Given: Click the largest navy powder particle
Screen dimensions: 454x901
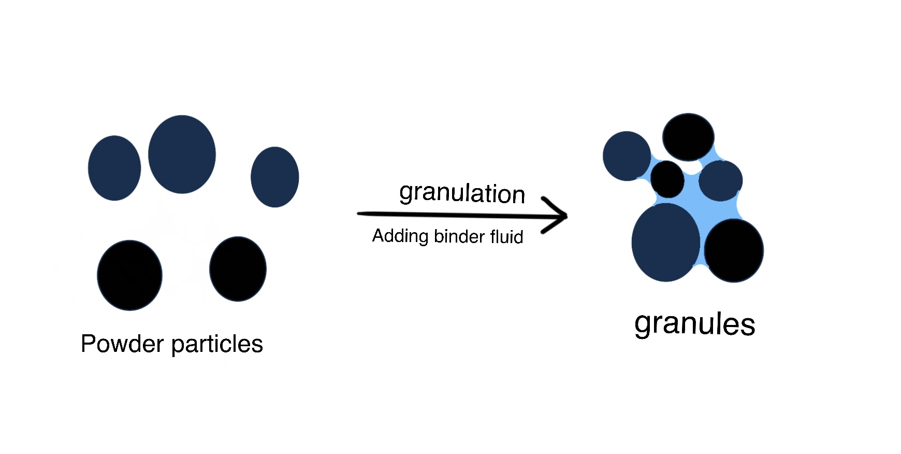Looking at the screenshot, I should pos(182,154).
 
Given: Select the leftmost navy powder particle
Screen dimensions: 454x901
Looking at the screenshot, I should pos(114,168).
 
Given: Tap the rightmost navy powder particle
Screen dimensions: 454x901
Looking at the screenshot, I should pos(274,177).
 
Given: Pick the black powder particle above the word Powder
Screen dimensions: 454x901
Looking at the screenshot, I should pos(129,275).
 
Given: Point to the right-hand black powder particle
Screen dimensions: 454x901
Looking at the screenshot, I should pos(238,268).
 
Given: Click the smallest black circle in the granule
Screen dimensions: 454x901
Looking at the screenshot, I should pos(667,179).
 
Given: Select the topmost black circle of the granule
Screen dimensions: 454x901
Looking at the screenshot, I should pos(688,137).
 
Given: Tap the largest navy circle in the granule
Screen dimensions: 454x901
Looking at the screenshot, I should pos(666,243).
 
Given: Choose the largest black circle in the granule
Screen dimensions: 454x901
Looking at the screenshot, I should pos(734,250).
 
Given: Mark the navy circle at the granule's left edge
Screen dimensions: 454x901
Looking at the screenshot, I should pos(627,156).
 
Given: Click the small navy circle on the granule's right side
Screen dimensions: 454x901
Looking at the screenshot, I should pos(720,180).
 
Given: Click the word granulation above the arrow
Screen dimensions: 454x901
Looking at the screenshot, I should pos(462,193).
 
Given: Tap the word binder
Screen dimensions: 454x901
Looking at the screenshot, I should pos(459,236).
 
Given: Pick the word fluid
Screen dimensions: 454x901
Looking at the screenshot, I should pos(506,237).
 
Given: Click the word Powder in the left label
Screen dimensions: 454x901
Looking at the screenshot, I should pos(122,344).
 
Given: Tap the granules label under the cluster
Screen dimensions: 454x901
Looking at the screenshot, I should pos(694,324).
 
